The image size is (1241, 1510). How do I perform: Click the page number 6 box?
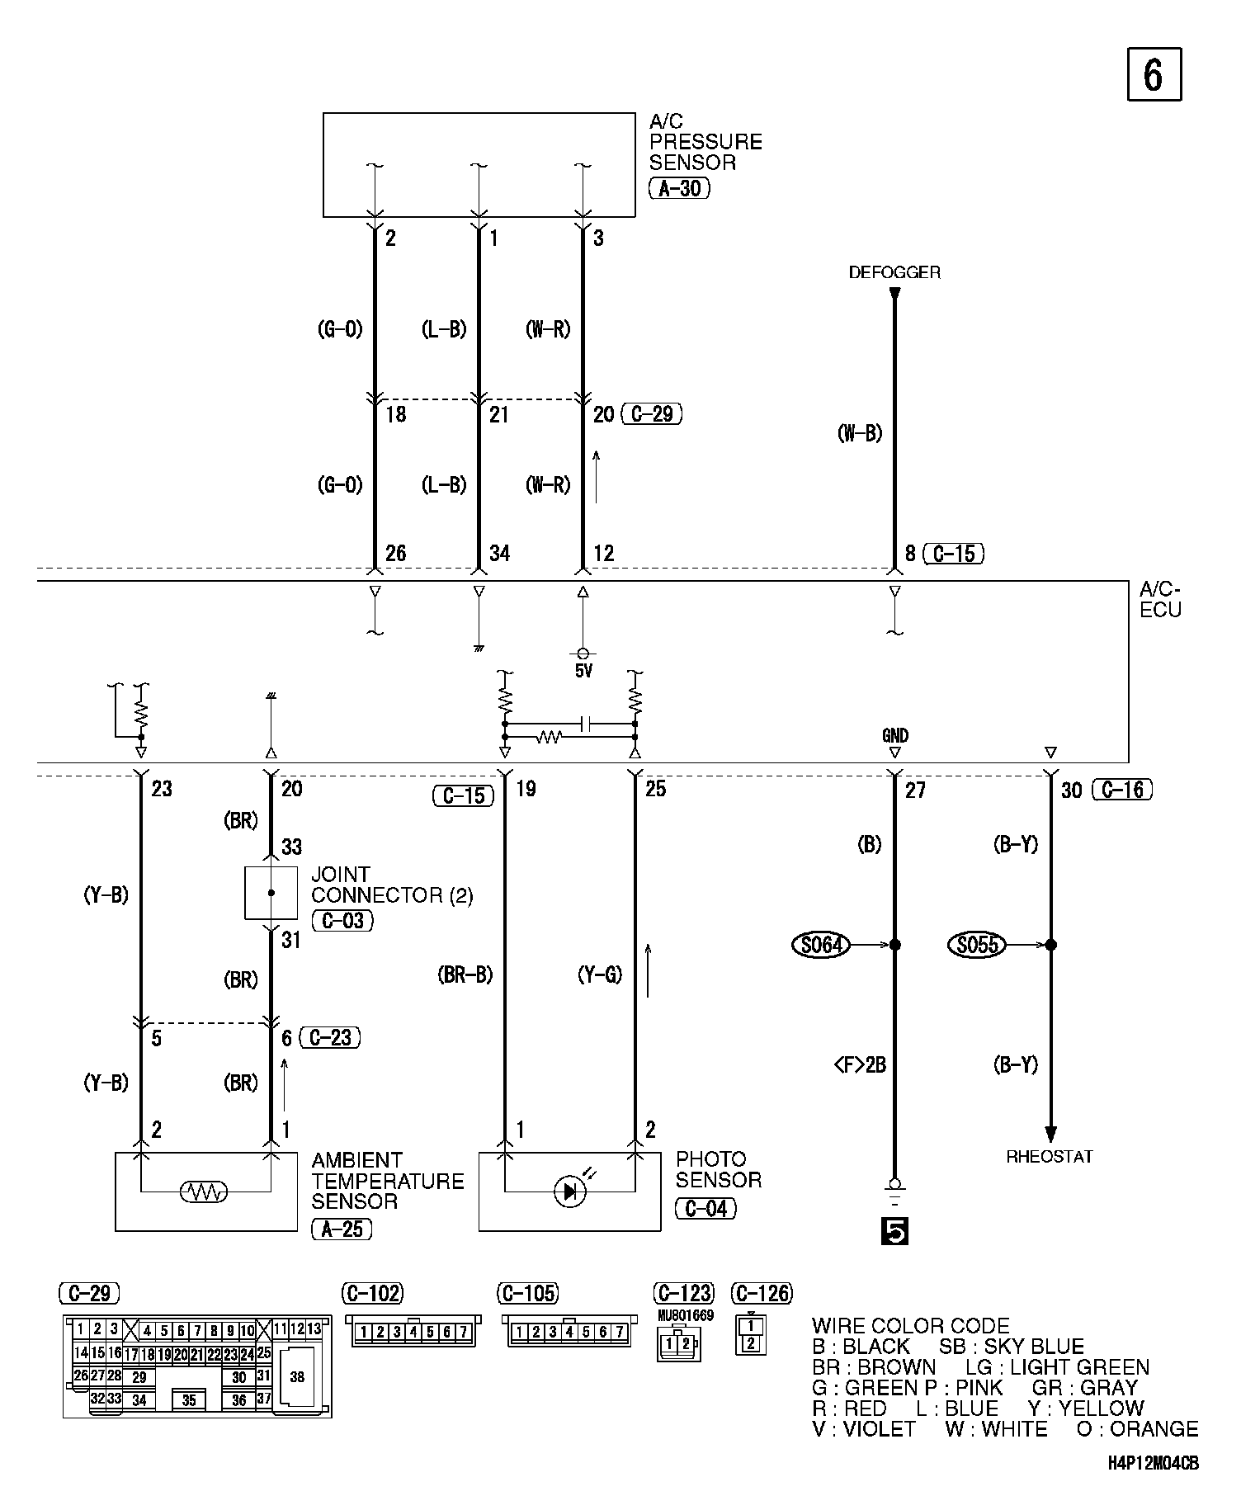coord(1154,75)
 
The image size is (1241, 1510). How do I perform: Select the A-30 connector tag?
coord(679,189)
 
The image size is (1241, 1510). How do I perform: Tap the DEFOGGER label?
coord(894,272)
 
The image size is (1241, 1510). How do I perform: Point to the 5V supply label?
coord(583,671)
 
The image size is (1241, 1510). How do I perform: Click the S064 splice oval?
coord(820,944)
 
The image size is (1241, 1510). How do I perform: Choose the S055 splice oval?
coord(977,944)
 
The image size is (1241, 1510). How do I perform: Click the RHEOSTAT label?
coord(1050,1156)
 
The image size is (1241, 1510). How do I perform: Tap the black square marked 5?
coord(894,1231)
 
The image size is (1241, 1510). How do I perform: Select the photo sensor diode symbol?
coord(569,1191)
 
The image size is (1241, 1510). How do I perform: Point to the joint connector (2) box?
coord(271,893)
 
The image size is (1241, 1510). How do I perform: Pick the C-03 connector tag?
coord(342,920)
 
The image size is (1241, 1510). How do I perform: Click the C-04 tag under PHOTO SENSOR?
coord(705,1209)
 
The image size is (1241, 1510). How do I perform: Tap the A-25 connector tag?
coord(342,1229)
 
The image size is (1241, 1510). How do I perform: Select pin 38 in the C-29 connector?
coord(297,1376)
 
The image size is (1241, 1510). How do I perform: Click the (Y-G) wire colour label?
coord(600,975)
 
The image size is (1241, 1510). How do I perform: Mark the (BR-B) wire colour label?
coord(465,975)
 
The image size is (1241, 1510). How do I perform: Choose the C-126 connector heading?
coord(762,1293)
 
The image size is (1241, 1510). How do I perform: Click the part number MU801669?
coord(686,1316)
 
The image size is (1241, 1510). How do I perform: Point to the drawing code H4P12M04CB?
coord(1153,1464)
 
